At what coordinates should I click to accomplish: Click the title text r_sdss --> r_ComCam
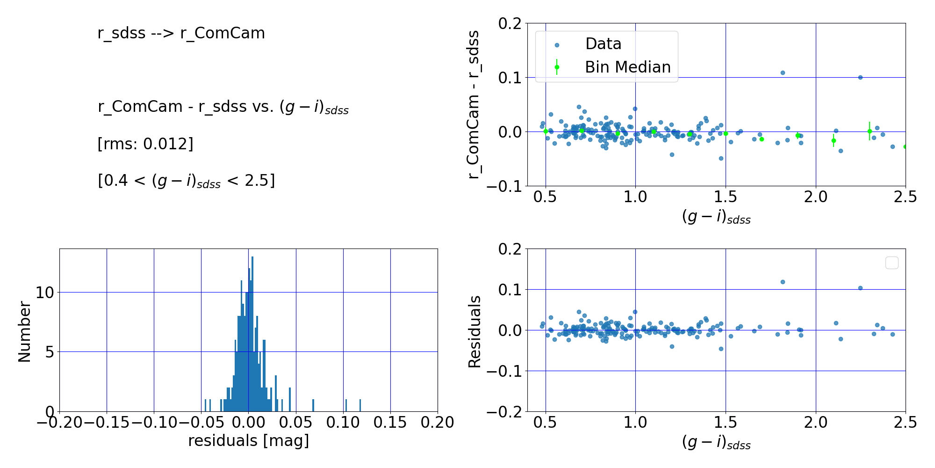181,33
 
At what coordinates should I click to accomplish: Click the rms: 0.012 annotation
145,144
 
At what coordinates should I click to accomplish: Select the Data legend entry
603,44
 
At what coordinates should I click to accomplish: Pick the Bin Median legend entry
627,67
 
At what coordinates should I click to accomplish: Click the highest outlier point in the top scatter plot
783,73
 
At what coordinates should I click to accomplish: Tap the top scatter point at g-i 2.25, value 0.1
860,77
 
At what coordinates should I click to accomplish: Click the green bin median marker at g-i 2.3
870,131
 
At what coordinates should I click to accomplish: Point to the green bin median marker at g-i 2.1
834,140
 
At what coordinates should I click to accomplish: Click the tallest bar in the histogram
252,333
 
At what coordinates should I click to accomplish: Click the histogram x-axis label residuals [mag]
249,441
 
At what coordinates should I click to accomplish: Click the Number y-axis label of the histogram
24,331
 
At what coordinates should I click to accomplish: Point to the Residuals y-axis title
475,331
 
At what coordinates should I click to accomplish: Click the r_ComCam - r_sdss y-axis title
474,104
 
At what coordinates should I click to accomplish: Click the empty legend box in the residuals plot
892,263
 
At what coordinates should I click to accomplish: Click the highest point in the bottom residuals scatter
783,282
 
